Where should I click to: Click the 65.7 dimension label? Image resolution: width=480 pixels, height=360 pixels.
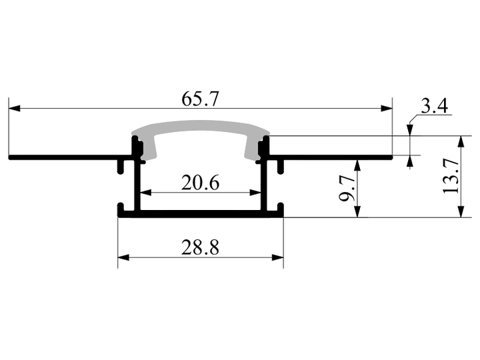coord(200,99)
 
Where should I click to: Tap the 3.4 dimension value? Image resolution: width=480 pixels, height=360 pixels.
coord(435,106)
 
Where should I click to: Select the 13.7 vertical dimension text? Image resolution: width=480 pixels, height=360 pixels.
coord(451,177)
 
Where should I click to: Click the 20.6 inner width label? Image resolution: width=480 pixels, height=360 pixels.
coord(200,183)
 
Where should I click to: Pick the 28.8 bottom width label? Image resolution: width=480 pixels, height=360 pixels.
coord(200,247)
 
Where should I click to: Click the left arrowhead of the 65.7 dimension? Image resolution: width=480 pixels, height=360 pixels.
coord(15,109)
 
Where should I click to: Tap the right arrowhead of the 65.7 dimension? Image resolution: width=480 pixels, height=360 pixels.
coord(386,109)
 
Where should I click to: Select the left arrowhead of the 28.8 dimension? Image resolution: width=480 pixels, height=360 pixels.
coord(124,257)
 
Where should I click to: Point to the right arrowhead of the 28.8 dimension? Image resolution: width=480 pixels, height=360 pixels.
coord(277,257)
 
